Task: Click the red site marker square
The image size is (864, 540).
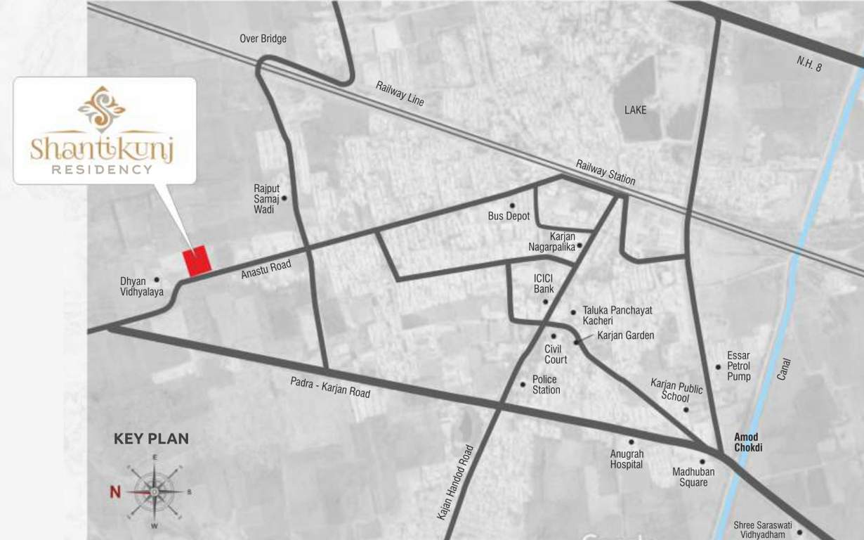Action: click(197, 261)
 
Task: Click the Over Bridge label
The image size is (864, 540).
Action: click(263, 39)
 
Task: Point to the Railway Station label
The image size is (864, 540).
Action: click(606, 172)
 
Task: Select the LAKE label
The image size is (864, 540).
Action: click(635, 110)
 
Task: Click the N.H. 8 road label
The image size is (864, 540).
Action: click(809, 64)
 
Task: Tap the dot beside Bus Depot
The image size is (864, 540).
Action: click(512, 205)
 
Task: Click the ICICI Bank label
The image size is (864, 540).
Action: click(544, 283)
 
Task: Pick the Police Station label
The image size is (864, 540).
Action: click(546, 385)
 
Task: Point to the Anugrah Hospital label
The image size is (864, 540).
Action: click(627, 459)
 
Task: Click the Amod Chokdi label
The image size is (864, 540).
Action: click(748, 442)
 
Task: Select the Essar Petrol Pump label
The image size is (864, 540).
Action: click(739, 366)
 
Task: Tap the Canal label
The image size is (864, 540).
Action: click(784, 370)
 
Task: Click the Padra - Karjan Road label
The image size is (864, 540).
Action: click(330, 387)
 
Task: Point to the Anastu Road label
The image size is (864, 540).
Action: click(266, 269)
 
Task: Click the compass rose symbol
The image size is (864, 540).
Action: click(155, 491)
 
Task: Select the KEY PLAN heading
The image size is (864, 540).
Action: click(151, 439)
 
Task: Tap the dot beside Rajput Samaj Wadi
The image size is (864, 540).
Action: click(284, 199)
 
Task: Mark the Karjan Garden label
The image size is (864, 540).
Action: click(625, 335)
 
